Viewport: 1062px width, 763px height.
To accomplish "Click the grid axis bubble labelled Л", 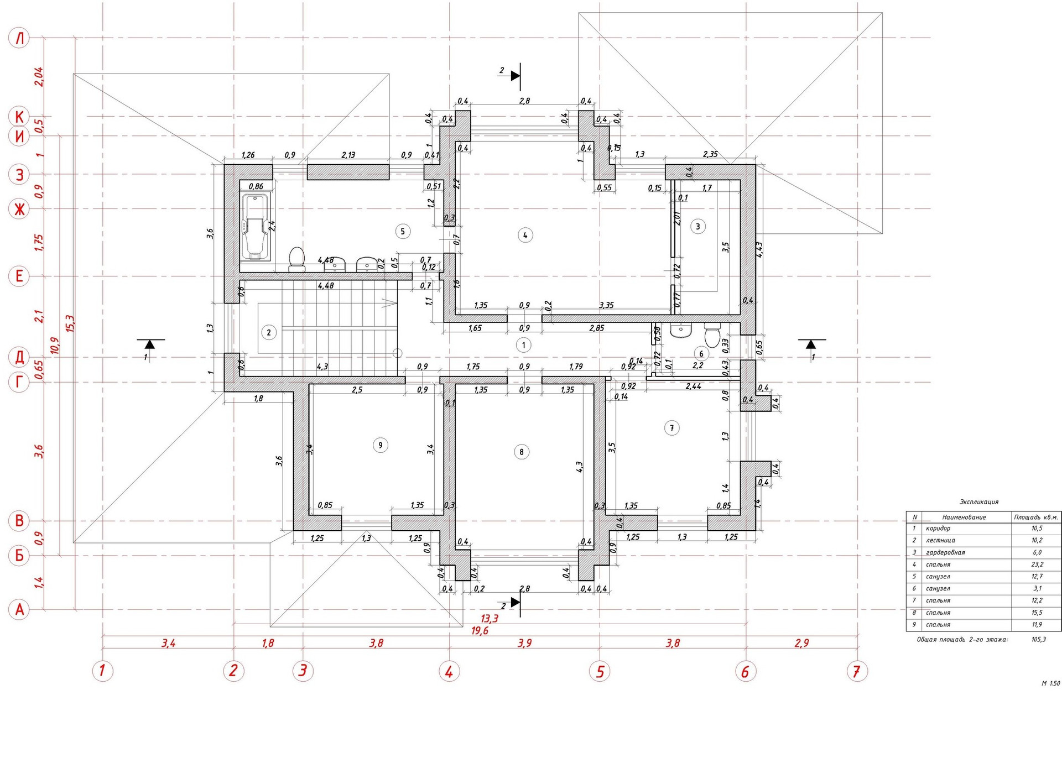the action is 19,38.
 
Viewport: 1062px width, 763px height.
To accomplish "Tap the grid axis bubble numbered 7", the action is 857,671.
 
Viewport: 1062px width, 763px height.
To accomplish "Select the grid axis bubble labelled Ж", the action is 19,209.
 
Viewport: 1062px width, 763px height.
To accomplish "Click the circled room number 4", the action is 525,235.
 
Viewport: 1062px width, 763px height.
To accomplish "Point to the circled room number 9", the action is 380,445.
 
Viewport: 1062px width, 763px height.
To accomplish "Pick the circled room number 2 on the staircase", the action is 269,332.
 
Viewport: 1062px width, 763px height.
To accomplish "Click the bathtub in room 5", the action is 256,227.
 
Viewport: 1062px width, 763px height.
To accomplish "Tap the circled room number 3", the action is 698,226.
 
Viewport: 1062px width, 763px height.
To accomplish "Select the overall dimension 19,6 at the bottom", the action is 480,631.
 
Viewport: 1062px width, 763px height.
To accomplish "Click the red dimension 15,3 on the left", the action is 70,323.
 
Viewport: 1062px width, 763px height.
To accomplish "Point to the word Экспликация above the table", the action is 978,502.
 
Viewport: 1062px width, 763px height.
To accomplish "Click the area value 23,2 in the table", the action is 1037,565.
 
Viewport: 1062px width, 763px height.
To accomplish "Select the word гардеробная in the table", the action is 945,552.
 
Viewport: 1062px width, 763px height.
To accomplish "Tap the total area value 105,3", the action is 1038,639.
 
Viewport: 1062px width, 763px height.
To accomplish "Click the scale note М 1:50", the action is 1050,683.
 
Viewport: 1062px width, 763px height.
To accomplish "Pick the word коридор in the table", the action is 938,529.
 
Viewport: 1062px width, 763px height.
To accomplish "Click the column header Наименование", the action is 964,518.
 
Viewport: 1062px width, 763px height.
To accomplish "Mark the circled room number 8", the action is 521,452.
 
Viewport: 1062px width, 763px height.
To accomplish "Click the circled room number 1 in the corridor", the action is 523,345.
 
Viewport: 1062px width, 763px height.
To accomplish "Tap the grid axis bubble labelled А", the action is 19,610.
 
